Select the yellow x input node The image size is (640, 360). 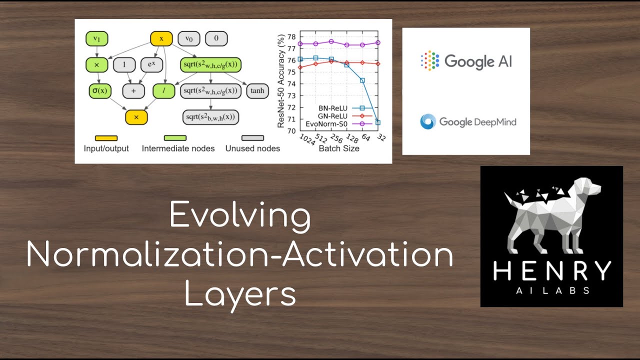coord(161,38)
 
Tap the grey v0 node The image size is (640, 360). coord(189,38)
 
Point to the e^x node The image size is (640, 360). coord(151,64)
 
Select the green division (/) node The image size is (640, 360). coord(163,91)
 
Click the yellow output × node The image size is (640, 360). coord(136,117)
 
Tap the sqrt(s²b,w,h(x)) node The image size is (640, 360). coord(210,117)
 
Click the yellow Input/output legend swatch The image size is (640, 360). coord(106,138)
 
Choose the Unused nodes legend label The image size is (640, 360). coord(252,148)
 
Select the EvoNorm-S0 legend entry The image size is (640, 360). coord(340,123)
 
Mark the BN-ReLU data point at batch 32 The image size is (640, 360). coord(378,122)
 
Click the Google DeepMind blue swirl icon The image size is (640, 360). coord(428,121)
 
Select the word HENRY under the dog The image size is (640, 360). coord(551,271)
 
